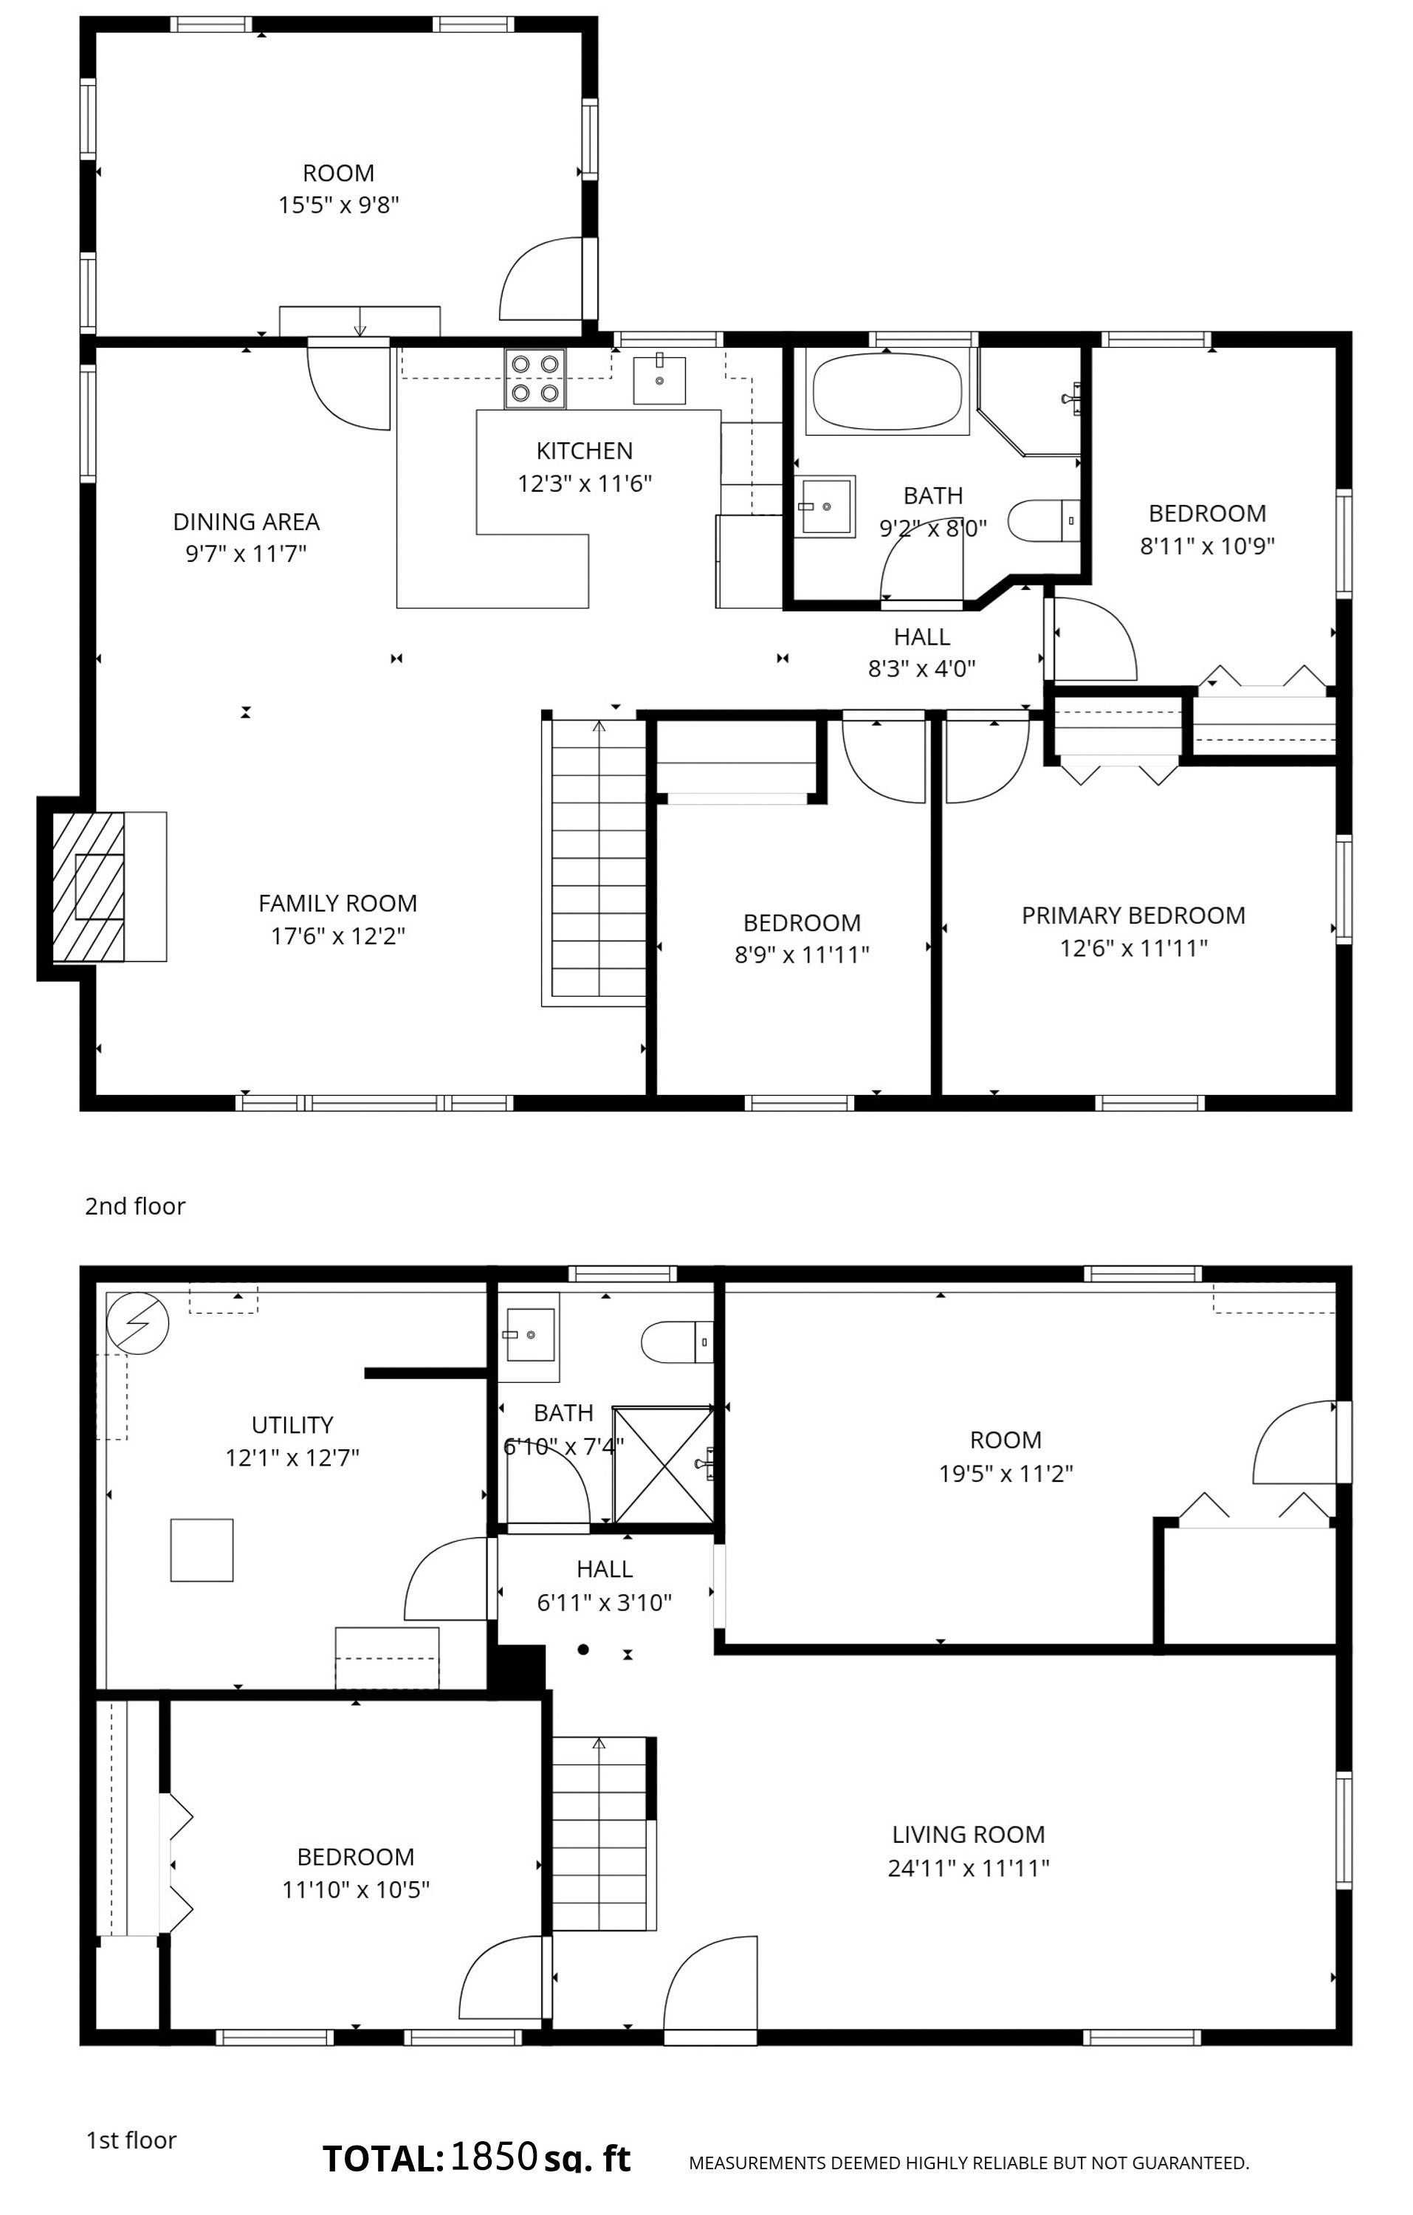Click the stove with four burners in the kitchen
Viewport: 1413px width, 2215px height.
[x=535, y=379]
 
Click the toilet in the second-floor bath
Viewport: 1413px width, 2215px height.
[x=1044, y=521]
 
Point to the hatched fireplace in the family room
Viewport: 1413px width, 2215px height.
[x=89, y=887]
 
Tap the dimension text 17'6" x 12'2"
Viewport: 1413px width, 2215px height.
[x=337, y=936]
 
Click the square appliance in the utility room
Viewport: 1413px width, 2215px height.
[x=202, y=1550]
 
